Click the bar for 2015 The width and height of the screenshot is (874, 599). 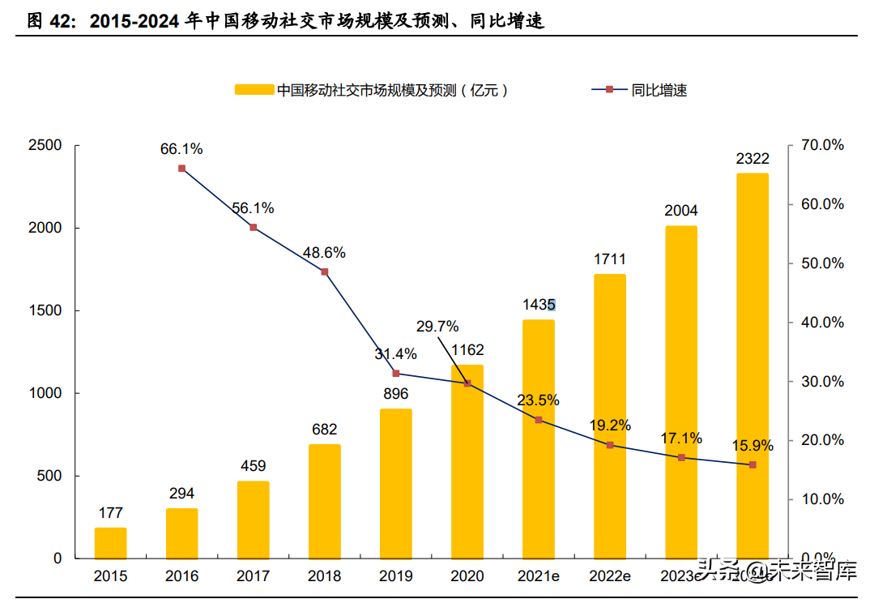110,542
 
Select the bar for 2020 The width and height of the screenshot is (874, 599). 467,461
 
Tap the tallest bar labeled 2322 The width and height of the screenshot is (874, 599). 752,366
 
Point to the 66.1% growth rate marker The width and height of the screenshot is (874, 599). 181,169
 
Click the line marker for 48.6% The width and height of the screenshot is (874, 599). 324,272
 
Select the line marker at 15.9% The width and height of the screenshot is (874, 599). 752,464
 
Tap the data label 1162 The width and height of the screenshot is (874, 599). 467,350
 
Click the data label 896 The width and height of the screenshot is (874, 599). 395,394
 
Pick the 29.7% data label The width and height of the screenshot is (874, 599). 437,327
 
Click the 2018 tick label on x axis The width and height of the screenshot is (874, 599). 324,576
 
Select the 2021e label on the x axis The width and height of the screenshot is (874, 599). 538,576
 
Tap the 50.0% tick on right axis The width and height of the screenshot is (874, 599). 822,263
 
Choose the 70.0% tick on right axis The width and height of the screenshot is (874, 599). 822,146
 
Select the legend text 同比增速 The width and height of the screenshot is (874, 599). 659,91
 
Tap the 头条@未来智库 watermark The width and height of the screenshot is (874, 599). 778,572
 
